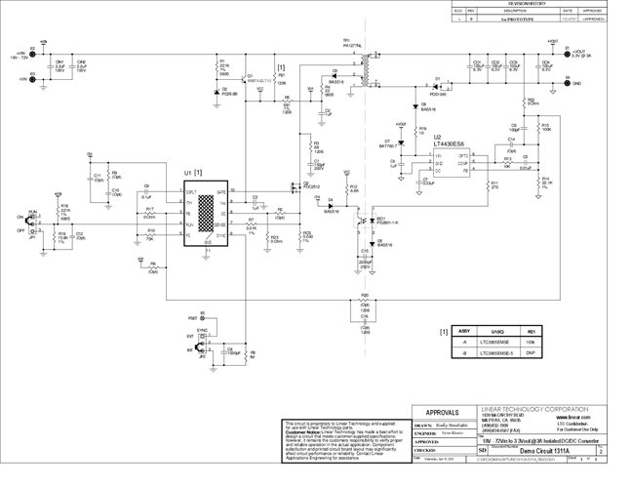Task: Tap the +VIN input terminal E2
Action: click(32, 54)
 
